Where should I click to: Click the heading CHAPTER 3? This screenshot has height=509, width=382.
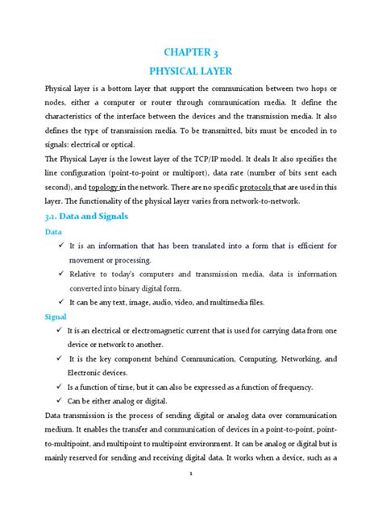click(x=191, y=54)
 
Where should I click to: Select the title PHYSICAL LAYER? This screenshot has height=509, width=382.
click(x=191, y=72)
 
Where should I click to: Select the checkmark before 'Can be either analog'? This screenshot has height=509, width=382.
click(x=60, y=400)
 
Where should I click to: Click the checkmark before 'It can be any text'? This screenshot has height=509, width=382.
click(x=60, y=302)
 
